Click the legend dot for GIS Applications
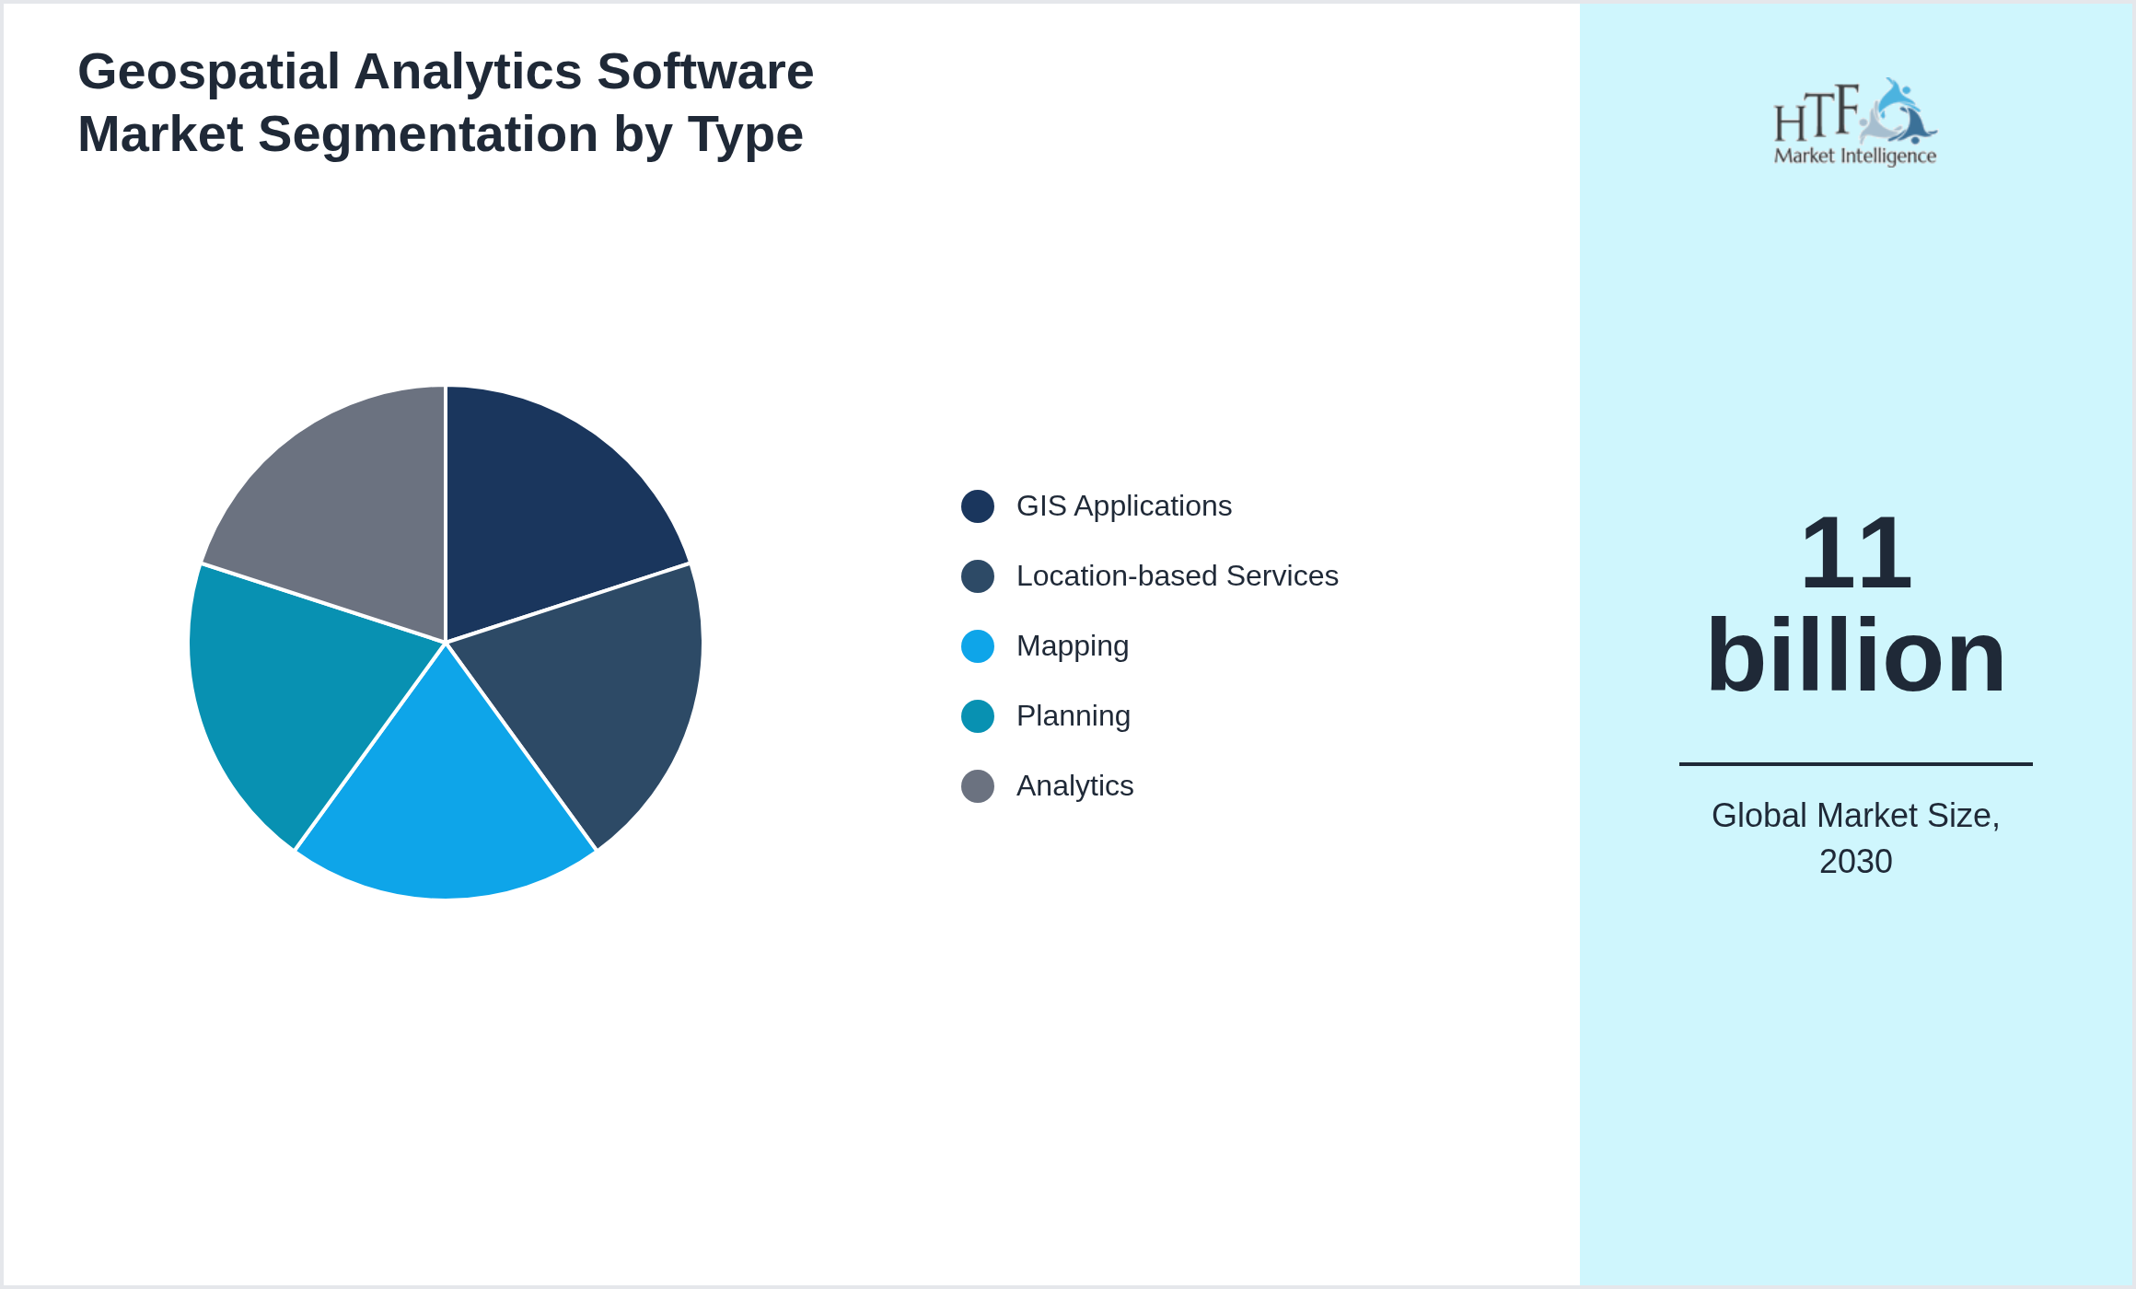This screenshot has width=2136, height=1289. [977, 506]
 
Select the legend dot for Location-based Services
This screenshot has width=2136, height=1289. [977, 576]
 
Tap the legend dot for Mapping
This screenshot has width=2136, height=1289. [977, 646]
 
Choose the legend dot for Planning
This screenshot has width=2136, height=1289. [977, 716]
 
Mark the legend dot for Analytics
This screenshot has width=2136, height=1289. [977, 786]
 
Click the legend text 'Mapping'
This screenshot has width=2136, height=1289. [1072, 646]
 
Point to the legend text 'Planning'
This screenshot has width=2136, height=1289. [1073, 716]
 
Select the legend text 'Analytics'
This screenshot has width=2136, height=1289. [1074, 786]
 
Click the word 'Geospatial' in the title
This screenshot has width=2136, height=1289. [209, 72]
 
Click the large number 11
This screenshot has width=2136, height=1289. [1855, 554]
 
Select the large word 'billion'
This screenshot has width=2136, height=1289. [1855, 656]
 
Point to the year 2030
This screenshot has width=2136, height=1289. [1855, 862]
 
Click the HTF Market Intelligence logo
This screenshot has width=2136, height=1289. [1855, 122]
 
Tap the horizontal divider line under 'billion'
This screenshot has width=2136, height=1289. [1855, 763]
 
